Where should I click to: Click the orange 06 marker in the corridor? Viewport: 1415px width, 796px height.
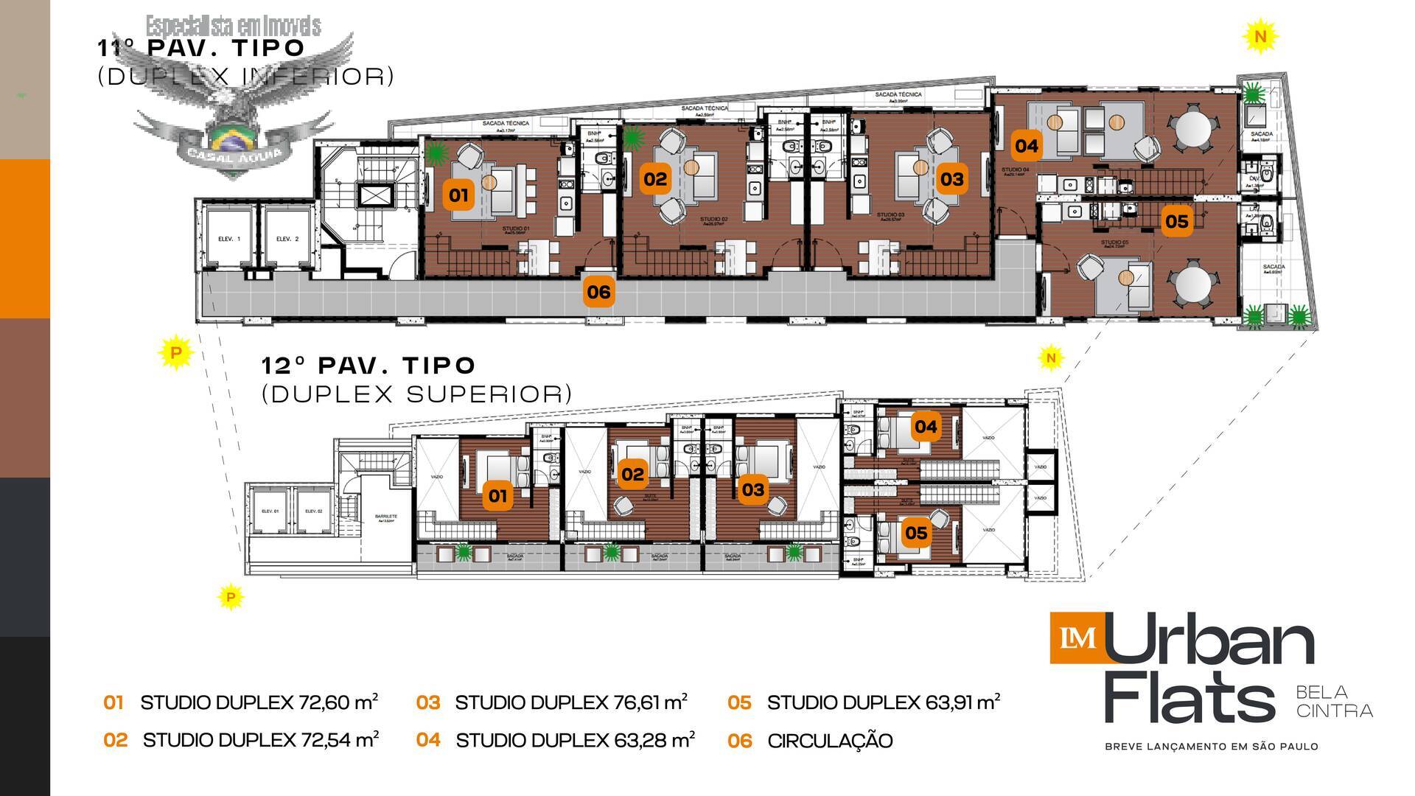point(598,292)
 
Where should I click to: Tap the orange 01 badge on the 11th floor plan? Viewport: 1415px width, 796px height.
point(458,195)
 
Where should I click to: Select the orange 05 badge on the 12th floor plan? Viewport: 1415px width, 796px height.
point(915,532)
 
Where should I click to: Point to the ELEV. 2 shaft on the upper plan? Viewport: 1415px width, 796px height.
point(287,240)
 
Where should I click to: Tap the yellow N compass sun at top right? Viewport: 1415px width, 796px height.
point(1261,36)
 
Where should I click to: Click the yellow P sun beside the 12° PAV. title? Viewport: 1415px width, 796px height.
point(175,353)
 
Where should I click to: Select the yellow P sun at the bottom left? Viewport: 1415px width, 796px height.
point(231,597)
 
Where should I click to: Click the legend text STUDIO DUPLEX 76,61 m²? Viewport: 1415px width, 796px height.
point(571,702)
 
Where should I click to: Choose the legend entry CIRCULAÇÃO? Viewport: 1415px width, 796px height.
point(830,741)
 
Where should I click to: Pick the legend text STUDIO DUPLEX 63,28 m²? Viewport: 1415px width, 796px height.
point(575,740)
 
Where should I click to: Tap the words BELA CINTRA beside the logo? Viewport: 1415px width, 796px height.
point(1334,701)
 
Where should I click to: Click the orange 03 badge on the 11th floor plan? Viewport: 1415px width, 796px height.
point(951,179)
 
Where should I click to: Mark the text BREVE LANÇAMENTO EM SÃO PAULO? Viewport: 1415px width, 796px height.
point(1211,747)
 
